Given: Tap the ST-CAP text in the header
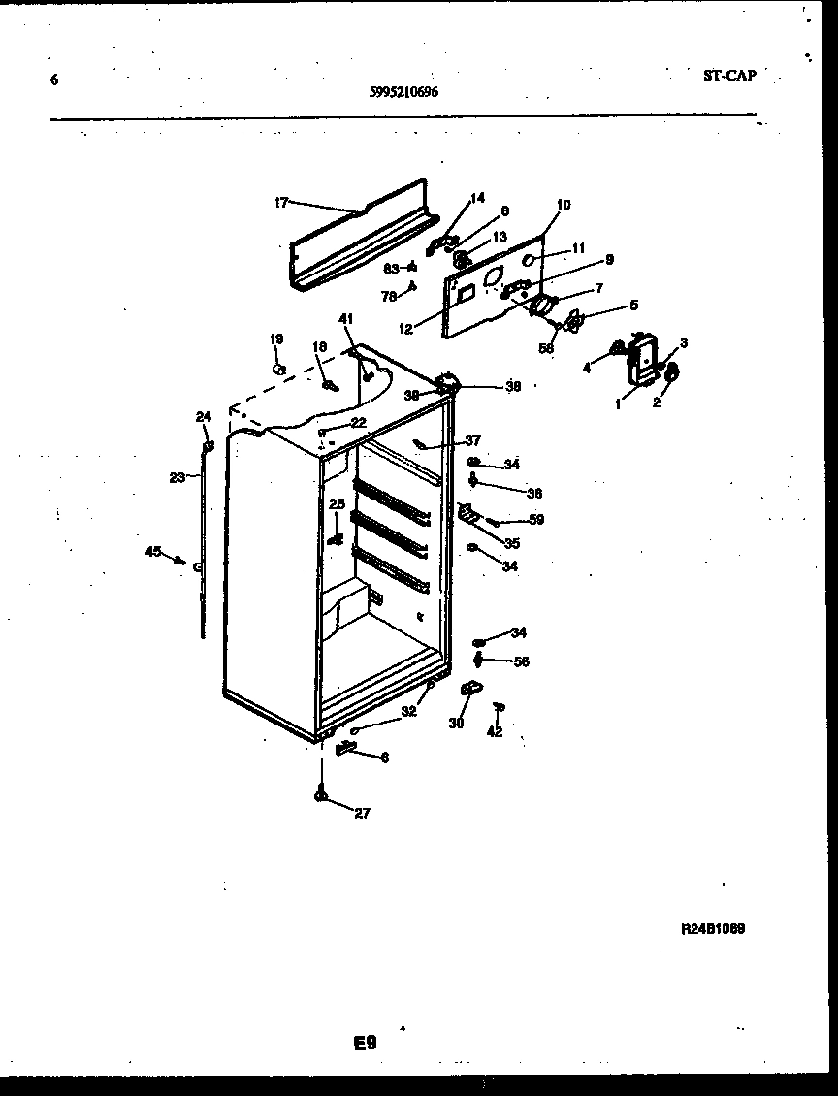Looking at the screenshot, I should [x=728, y=75].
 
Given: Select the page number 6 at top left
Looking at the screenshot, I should [x=54, y=81].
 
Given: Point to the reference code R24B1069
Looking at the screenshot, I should [x=713, y=928].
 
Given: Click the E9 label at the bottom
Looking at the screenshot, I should [x=364, y=1044].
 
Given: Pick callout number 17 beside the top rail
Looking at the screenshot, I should [x=281, y=203].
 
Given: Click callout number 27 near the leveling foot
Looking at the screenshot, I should [x=362, y=814].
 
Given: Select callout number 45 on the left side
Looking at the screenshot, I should [x=152, y=552].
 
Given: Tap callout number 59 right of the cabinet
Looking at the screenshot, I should [x=535, y=520].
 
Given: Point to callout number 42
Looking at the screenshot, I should [x=495, y=732].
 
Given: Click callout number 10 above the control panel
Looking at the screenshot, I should [x=564, y=205].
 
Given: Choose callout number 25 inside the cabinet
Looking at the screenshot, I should [x=337, y=504].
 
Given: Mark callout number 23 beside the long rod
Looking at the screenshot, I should [x=177, y=477].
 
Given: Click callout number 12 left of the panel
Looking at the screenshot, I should [x=405, y=330].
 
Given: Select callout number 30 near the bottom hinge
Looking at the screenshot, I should [x=456, y=723].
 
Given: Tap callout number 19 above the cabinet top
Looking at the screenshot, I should [x=276, y=339].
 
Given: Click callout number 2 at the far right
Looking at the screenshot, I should [x=657, y=403].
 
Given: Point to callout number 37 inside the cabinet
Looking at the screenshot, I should [x=472, y=440].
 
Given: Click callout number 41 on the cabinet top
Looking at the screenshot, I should [x=346, y=319].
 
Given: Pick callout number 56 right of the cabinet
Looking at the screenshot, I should [x=521, y=661].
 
